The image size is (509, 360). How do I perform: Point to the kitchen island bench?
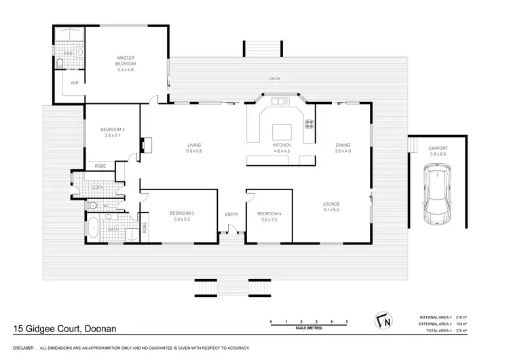(281, 132)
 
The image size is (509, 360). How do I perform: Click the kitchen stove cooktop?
(309, 124)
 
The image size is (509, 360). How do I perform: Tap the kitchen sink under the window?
(280, 102)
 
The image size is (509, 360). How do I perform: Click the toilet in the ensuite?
(62, 64)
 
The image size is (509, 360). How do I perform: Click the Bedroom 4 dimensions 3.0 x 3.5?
(269, 219)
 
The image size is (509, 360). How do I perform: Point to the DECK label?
(274, 79)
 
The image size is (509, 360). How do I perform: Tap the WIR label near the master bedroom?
(75, 82)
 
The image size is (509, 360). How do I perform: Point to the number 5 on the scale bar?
(347, 320)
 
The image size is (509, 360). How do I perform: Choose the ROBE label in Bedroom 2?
(100, 166)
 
